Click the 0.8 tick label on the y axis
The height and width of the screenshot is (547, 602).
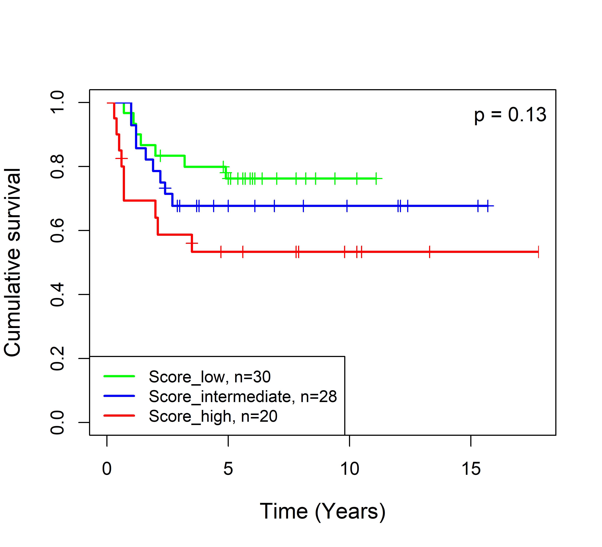[57, 166]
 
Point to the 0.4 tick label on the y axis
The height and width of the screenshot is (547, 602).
[57, 294]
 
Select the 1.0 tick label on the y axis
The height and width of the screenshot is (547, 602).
[57, 102]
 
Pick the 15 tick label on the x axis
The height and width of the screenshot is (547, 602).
[471, 469]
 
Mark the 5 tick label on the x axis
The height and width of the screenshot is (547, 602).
[228, 469]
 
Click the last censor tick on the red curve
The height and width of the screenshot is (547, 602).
[538, 252]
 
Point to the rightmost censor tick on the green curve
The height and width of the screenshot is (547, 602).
[376, 179]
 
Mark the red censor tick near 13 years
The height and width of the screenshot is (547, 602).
[429, 252]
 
